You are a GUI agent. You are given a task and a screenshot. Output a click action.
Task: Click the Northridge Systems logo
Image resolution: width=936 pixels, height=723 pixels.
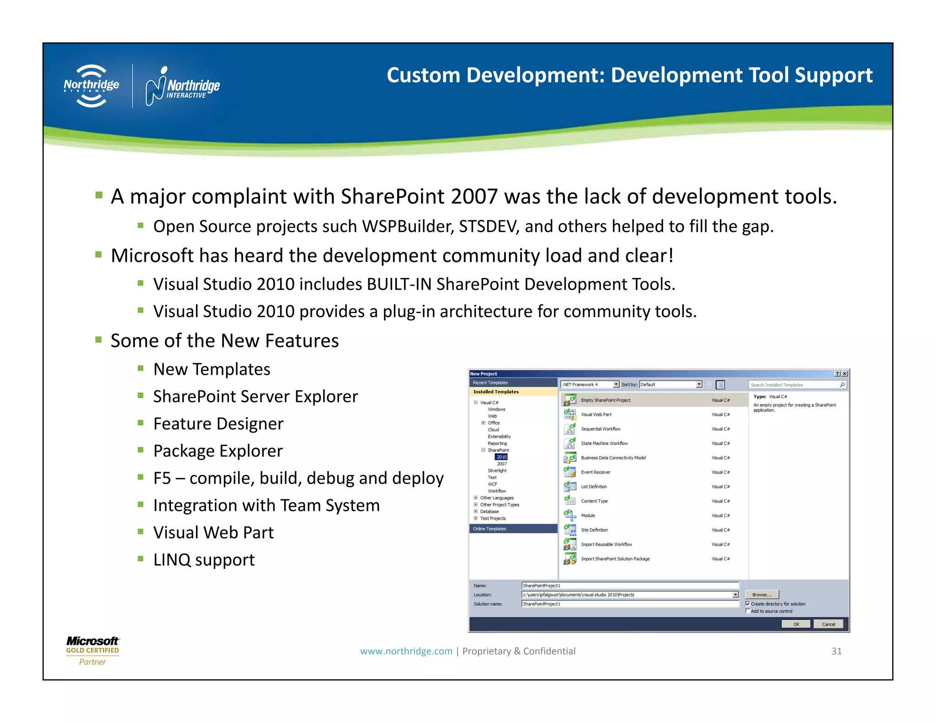click(x=91, y=86)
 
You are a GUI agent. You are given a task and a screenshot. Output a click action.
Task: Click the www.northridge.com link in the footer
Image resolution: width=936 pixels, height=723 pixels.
click(x=406, y=651)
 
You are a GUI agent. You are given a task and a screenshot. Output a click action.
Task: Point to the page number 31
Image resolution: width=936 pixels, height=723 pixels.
click(x=836, y=651)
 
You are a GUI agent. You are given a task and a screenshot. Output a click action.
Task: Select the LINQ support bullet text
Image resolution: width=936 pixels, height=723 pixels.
click(x=204, y=560)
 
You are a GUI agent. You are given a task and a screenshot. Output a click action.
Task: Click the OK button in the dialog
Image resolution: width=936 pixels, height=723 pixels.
click(x=796, y=624)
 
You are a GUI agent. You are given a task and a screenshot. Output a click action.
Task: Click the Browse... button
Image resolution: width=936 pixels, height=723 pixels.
click(x=761, y=595)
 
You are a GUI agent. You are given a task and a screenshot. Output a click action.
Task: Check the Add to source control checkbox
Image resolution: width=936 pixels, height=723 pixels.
click(x=748, y=611)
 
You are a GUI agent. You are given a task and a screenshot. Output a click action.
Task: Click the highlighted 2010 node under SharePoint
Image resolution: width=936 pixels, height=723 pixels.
click(x=501, y=457)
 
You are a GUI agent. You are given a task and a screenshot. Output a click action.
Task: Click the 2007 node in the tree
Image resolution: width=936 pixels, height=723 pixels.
click(x=501, y=464)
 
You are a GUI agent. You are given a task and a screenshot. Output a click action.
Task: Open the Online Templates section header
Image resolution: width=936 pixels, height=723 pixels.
click(x=489, y=529)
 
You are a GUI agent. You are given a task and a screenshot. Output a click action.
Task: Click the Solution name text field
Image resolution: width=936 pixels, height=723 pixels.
click(x=630, y=604)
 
